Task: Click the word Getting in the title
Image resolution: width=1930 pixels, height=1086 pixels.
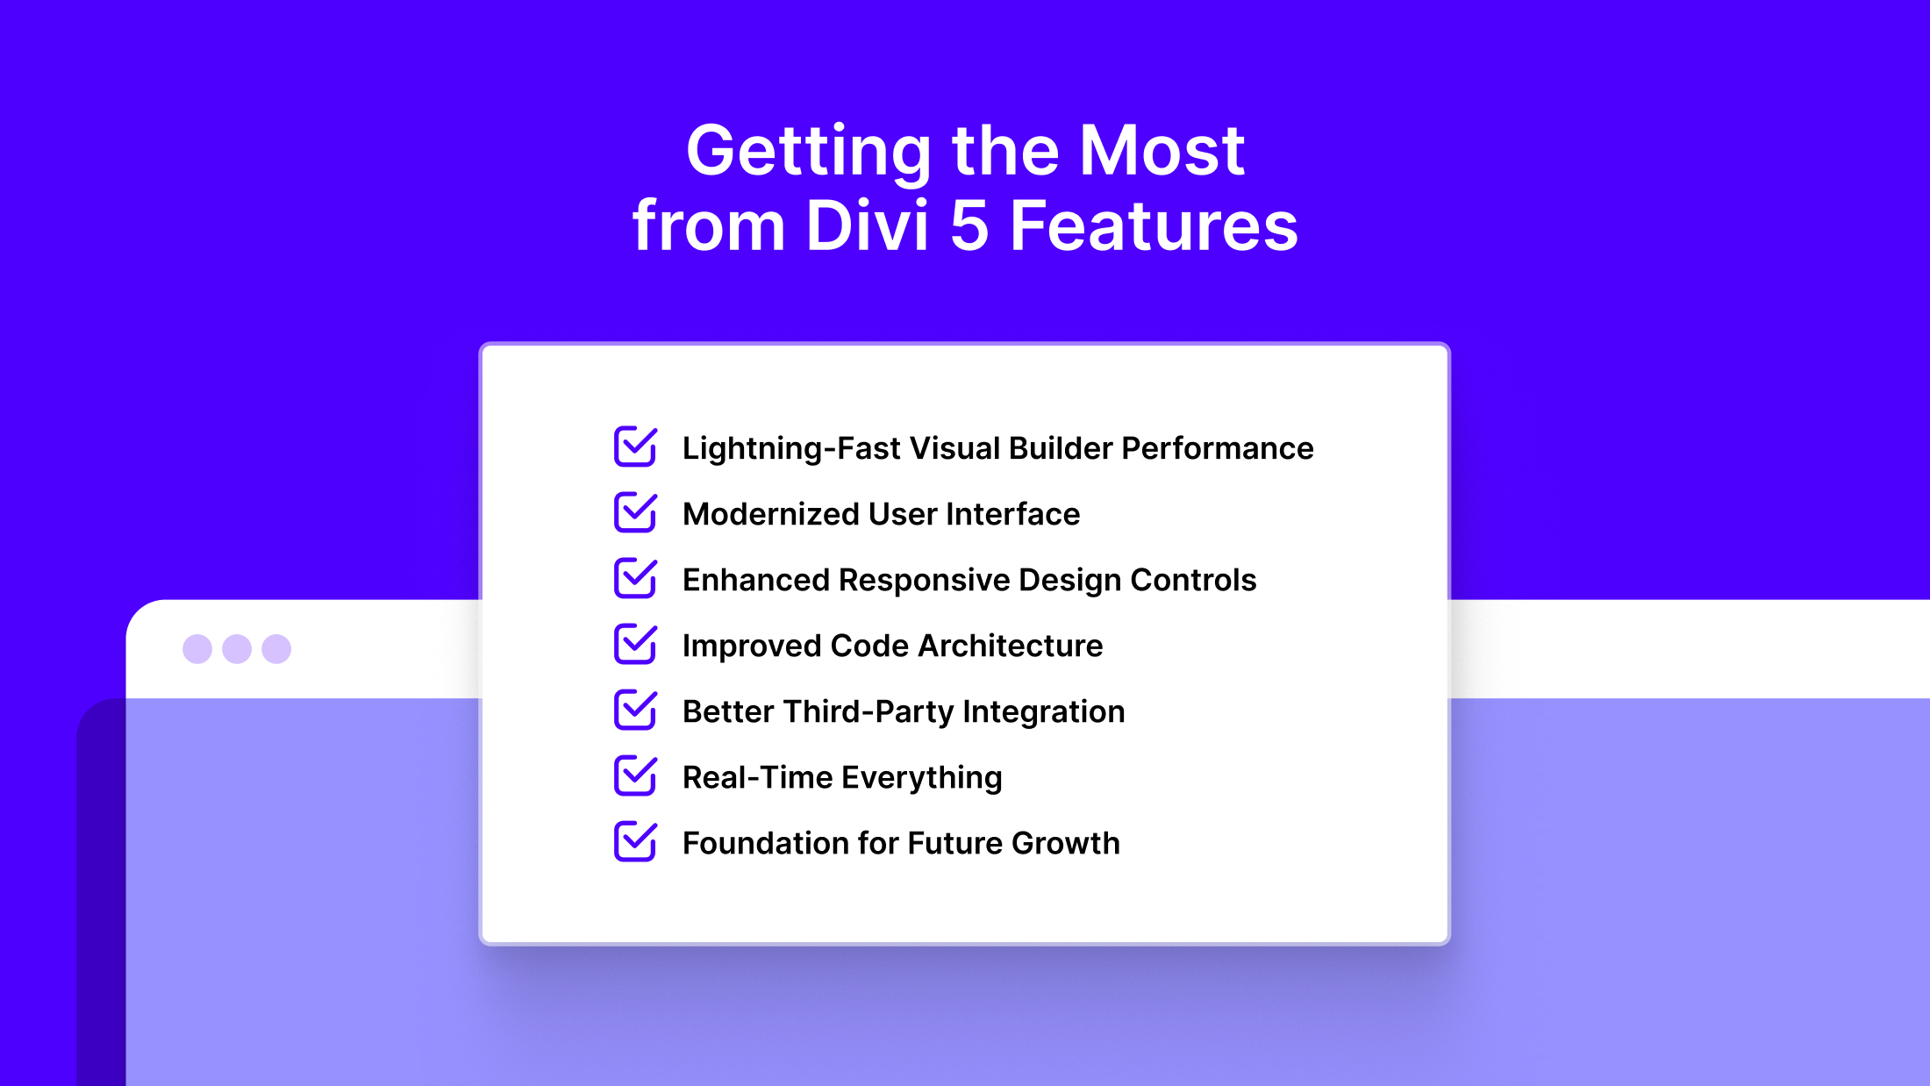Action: click(808, 151)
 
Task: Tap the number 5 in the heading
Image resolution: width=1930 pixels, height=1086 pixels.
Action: click(969, 226)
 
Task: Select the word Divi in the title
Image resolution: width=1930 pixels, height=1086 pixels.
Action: click(867, 226)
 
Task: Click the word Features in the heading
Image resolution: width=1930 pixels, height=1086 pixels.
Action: click(1154, 226)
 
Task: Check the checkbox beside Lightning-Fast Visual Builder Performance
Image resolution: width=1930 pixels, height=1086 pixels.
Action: click(635, 447)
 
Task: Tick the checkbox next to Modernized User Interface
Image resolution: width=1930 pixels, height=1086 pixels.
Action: click(635, 512)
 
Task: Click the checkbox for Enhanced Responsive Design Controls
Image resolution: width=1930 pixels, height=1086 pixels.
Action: click(635, 578)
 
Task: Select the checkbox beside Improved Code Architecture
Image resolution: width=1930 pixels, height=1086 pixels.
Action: click(635, 644)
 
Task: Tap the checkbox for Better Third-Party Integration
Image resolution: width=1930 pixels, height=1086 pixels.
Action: click(635, 710)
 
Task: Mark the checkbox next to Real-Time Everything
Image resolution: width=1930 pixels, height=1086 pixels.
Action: click(635, 775)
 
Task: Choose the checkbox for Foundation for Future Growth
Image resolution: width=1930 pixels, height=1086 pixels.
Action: click(635, 841)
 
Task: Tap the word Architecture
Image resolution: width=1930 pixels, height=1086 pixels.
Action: click(1010, 646)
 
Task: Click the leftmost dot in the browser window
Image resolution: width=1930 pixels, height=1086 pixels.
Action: click(197, 649)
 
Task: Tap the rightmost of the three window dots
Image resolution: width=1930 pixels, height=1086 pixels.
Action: click(276, 649)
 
